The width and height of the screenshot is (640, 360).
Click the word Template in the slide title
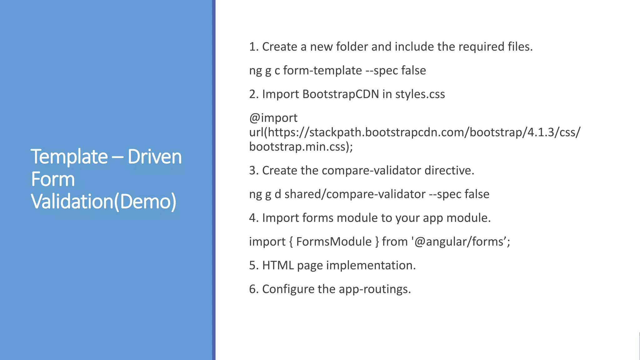tap(69, 157)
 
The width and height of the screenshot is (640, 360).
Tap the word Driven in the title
tap(154, 157)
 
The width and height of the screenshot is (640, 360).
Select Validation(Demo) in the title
tap(103, 202)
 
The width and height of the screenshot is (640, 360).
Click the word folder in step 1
tap(352, 47)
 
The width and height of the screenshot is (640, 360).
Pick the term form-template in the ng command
tap(322, 70)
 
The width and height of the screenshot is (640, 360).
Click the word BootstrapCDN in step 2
tap(341, 94)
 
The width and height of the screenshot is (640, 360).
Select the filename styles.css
tap(420, 94)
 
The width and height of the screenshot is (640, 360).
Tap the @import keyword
tap(273, 118)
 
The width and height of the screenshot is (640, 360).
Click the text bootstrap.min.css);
tap(301, 147)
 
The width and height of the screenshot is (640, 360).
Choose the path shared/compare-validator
tap(355, 194)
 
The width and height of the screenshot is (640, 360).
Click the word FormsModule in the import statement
tap(334, 242)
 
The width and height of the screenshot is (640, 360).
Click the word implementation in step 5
tap(371, 265)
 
